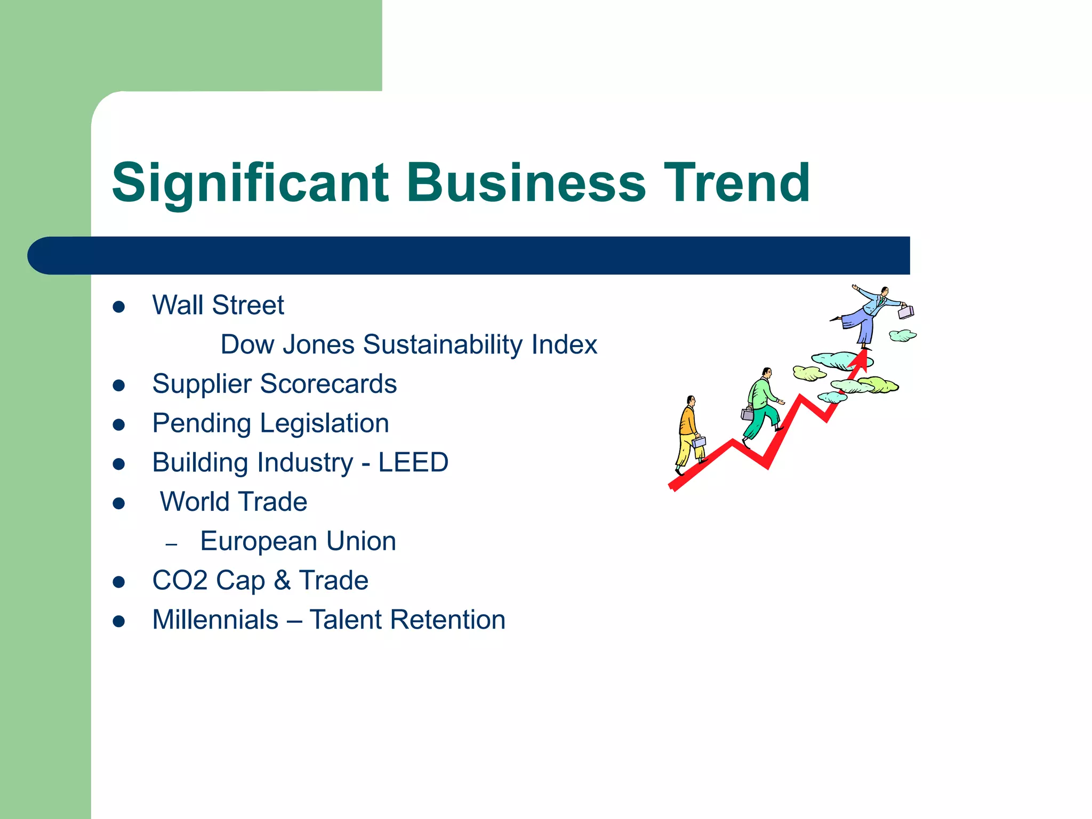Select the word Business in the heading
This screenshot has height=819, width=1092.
tap(526, 183)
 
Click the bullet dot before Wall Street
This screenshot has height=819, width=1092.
tap(119, 307)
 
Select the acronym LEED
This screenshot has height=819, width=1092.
tap(413, 462)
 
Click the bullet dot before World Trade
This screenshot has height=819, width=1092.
tap(119, 503)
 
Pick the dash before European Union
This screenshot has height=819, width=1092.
tap(171, 544)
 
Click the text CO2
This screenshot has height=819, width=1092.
tap(180, 581)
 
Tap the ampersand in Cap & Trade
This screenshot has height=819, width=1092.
tap(282, 581)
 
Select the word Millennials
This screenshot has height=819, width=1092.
tap(215, 620)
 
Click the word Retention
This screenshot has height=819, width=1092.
tap(447, 620)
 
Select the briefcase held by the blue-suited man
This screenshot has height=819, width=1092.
tap(906, 311)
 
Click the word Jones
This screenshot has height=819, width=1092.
tap(318, 345)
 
